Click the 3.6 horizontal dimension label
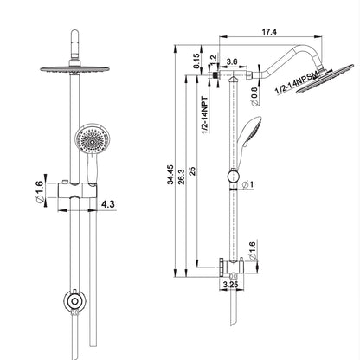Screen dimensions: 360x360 [x=232, y=61]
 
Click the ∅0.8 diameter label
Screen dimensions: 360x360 [x=251, y=91]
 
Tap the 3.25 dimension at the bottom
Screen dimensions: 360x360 [x=231, y=282]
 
